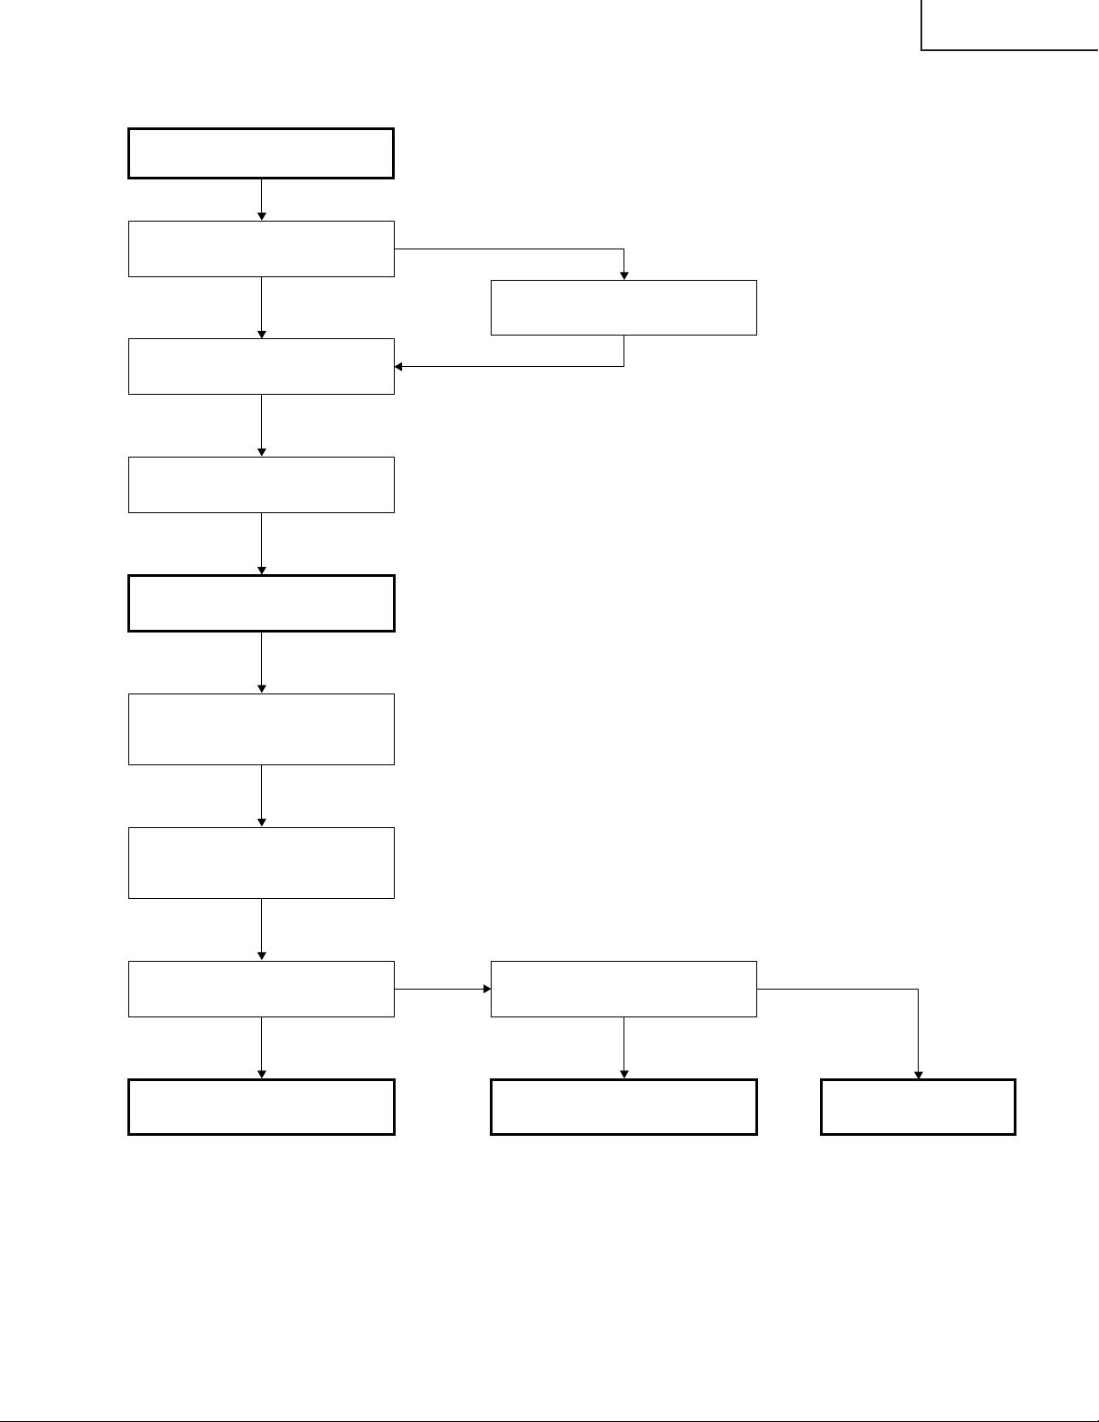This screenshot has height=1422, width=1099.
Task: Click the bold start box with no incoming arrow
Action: (x=261, y=153)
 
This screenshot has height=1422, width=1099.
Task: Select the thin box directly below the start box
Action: (x=261, y=249)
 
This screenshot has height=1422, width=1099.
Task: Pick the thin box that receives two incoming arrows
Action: (x=261, y=366)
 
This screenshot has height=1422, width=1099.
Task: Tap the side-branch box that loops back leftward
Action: (x=624, y=308)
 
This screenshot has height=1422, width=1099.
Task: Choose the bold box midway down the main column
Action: (x=261, y=603)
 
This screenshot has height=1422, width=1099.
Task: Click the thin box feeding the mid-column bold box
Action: (x=261, y=484)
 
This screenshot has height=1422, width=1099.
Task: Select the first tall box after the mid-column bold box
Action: (x=261, y=728)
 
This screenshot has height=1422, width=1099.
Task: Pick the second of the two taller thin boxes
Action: (x=261, y=862)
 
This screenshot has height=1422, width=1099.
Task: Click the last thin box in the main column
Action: (x=261, y=989)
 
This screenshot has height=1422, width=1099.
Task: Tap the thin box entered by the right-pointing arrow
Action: (x=624, y=989)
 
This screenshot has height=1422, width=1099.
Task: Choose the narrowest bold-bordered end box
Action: (x=918, y=1107)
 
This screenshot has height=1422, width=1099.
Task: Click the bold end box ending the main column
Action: (x=261, y=1107)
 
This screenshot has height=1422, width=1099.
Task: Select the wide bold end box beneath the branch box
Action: (x=624, y=1107)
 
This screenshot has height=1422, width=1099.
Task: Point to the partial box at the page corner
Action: (x=1009, y=25)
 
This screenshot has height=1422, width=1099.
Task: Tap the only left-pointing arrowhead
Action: (x=399, y=366)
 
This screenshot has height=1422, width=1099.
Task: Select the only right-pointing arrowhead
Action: (x=487, y=989)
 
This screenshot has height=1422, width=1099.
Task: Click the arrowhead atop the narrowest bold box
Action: (x=918, y=1075)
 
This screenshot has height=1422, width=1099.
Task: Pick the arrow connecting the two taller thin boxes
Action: (x=261, y=795)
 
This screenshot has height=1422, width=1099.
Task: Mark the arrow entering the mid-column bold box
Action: (x=261, y=544)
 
